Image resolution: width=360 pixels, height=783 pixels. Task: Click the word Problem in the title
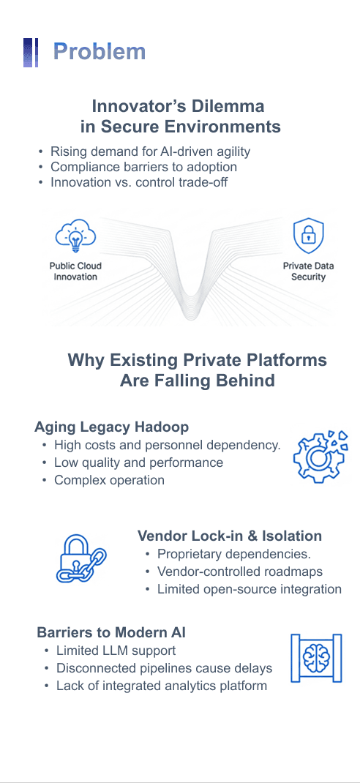[x=100, y=51]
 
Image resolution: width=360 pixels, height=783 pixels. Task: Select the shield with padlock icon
[x=308, y=236]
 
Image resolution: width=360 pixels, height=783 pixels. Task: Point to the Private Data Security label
[x=308, y=271]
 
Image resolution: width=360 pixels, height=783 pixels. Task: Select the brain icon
[x=317, y=658]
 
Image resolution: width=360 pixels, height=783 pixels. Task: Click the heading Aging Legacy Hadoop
[x=111, y=427]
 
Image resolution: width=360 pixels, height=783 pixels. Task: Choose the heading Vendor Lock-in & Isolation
[x=230, y=536]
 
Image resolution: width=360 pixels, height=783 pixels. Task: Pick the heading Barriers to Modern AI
[x=111, y=632]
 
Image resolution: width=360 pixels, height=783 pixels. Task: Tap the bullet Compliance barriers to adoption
[x=144, y=167]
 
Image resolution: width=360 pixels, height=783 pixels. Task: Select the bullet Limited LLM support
[x=116, y=651]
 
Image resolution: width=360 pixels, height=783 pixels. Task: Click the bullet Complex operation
[x=109, y=480]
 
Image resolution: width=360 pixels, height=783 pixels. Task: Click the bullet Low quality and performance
[x=139, y=463]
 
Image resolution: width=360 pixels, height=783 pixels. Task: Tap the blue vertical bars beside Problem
[x=31, y=53]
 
